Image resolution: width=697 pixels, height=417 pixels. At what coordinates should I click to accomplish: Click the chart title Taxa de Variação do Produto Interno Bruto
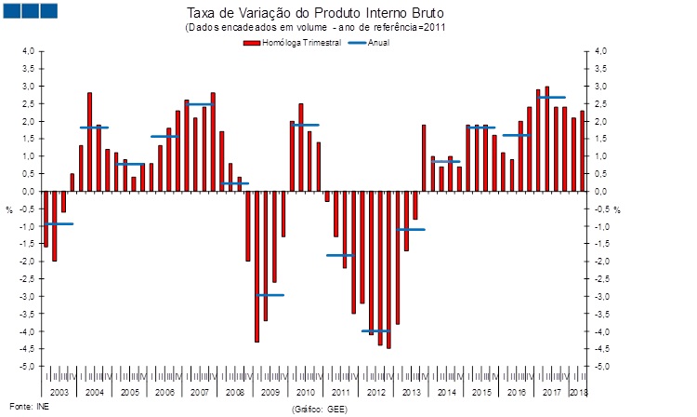pos(316,15)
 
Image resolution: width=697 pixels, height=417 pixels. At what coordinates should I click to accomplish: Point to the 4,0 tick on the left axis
pos(28,51)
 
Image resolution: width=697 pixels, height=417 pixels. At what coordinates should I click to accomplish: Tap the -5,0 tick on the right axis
pos(601,367)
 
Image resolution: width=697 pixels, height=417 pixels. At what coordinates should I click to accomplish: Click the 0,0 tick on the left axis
pos(28,192)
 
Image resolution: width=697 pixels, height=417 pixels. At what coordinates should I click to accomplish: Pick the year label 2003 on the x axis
pos(59,392)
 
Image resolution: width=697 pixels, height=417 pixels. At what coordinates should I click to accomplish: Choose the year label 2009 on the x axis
pos(270,392)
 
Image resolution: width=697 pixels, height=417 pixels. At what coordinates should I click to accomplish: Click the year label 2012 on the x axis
pos(375,392)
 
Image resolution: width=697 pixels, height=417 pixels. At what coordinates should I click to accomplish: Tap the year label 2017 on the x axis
pos(551,392)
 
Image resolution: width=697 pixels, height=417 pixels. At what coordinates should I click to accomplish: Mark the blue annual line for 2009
pos(270,295)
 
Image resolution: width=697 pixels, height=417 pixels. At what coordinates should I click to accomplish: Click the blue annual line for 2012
pos(375,330)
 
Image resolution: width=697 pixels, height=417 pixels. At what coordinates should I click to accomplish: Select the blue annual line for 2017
pos(551,97)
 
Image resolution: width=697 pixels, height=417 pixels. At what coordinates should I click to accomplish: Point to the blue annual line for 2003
pos(59,224)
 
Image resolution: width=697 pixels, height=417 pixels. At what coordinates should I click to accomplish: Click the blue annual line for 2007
pos(199,104)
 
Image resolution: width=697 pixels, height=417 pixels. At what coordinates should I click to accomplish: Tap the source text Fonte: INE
pos(21,407)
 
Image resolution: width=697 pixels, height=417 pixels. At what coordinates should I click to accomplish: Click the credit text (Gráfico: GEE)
pos(319,409)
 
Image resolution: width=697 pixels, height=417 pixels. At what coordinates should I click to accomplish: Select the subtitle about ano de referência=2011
pos(316,29)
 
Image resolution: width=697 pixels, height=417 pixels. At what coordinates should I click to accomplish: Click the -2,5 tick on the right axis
pos(601,279)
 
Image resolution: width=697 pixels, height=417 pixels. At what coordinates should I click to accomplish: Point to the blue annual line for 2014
pos(446,162)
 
